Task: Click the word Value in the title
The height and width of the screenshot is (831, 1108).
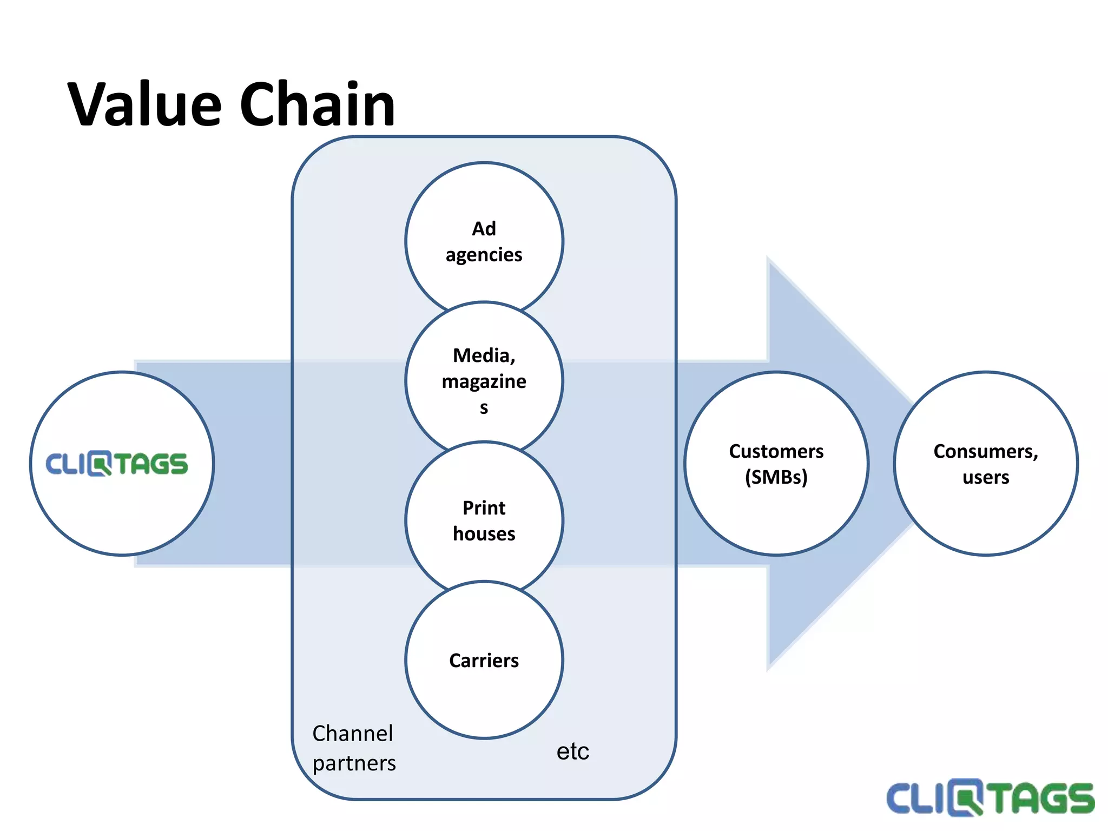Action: (145, 104)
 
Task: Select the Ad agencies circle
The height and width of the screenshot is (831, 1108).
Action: (484, 216)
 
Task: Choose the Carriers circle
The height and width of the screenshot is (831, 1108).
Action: (484, 682)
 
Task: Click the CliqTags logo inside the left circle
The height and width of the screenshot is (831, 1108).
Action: (117, 464)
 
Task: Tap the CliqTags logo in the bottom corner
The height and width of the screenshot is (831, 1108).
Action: (990, 797)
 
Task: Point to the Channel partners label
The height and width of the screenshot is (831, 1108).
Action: (354, 748)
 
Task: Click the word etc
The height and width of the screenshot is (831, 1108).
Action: (572, 751)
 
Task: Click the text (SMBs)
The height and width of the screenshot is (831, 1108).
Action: (776, 477)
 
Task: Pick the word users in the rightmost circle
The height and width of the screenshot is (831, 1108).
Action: (986, 477)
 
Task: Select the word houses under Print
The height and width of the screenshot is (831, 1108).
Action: (484, 534)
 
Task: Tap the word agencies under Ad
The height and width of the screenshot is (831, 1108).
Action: (484, 255)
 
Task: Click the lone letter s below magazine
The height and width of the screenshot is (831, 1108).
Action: (484, 407)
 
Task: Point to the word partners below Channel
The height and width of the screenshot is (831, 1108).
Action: (354, 763)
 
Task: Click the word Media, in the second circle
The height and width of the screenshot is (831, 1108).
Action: (484, 355)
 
